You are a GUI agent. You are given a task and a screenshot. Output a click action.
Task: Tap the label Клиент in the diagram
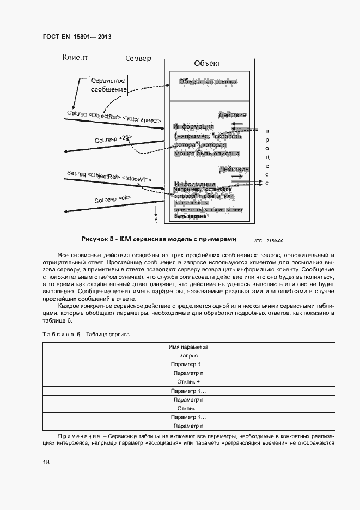click(75, 57)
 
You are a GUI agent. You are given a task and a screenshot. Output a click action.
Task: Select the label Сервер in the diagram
click(138, 58)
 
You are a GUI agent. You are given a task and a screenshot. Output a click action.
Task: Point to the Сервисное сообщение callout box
click(108, 84)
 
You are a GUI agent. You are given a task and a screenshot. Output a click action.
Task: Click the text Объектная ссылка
click(208, 83)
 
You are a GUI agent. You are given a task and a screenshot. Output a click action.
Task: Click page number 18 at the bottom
click(46, 462)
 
